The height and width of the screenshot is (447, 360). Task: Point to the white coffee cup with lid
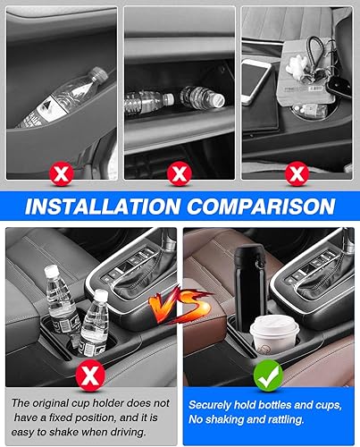click(269, 338)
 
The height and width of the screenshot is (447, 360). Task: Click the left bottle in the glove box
click(147, 102)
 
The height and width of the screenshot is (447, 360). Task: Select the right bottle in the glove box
click(198, 97)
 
